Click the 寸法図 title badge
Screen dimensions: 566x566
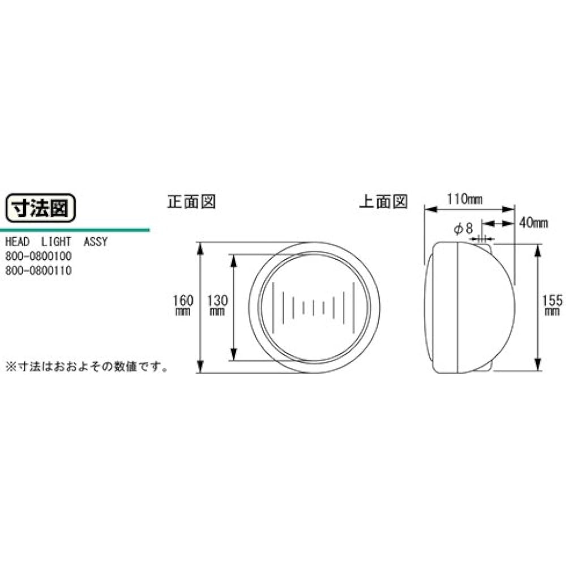40,208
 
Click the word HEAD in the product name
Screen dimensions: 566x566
18,243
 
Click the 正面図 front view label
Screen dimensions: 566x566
191,202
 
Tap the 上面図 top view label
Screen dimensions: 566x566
383,202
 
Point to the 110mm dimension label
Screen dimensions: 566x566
464,199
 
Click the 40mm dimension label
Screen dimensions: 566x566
533,222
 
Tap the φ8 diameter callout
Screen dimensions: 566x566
462,229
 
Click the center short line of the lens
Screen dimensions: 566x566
313,308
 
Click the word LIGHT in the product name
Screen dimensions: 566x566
56,243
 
